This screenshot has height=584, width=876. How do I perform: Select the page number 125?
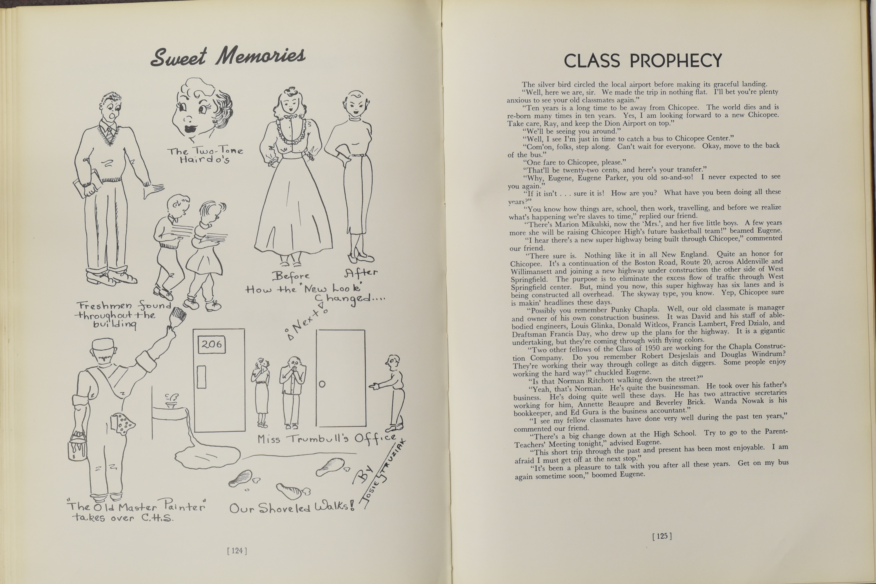(x=662, y=536)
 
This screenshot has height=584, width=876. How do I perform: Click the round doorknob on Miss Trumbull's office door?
(x=322, y=384)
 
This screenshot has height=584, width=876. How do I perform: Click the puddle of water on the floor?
(x=207, y=456)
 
